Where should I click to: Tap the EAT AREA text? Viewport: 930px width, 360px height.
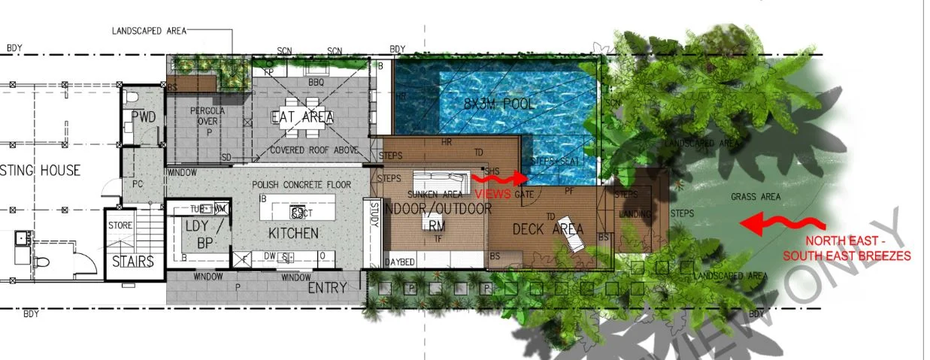tap(303, 118)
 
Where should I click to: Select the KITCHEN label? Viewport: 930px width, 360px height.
tap(293, 234)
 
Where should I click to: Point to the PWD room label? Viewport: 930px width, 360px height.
tap(143, 117)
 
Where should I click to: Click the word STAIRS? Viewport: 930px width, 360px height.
tap(133, 262)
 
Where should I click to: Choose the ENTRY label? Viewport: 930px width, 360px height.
tap(327, 287)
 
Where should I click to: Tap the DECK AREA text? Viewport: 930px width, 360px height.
tap(548, 229)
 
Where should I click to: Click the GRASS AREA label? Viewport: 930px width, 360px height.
tap(756, 197)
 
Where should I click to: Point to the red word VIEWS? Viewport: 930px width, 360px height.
tap(492, 194)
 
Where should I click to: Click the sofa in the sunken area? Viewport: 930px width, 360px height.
tap(435, 180)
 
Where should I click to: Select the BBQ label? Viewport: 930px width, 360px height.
tap(316, 81)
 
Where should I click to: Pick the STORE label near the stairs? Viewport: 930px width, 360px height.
tap(120, 225)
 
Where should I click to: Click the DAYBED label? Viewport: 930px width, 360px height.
tap(399, 262)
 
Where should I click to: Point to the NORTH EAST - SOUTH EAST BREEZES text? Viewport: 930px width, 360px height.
tap(847, 249)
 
